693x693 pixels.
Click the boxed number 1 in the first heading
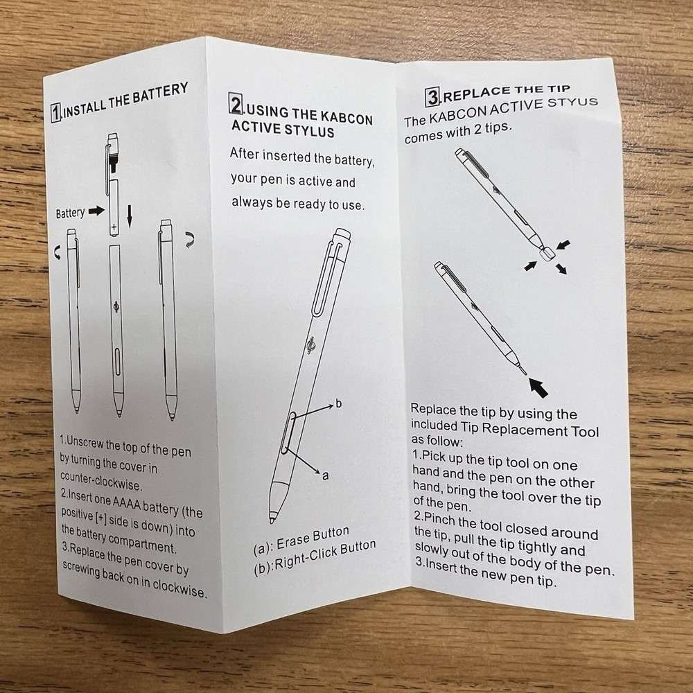56,113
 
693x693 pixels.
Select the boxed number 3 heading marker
432,97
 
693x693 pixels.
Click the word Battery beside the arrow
70,213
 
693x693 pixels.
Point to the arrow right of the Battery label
96,211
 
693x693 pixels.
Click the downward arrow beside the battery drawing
129,216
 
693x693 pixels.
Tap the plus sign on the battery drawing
114,227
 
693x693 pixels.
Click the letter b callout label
339,403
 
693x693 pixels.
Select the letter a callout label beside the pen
326,476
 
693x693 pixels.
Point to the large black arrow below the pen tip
538,387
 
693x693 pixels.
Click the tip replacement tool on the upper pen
547,254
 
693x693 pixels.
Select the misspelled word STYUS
572,103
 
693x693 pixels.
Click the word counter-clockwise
101,481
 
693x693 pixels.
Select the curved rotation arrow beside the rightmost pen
190,239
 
